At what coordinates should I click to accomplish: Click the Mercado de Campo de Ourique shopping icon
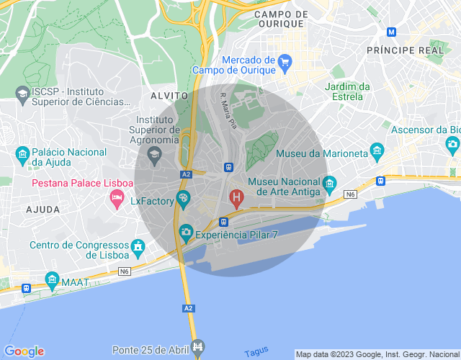tap(284, 63)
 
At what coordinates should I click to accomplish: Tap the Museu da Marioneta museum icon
tap(377, 150)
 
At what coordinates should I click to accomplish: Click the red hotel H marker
tap(236, 196)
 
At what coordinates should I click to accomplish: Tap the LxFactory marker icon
tap(184, 199)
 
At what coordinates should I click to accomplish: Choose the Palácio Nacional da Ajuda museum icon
tap(22, 153)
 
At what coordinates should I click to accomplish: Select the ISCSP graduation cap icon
tap(22, 94)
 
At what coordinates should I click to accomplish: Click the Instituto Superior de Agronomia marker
tap(153, 153)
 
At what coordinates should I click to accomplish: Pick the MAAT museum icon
tap(51, 279)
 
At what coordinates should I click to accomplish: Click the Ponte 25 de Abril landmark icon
tap(199, 348)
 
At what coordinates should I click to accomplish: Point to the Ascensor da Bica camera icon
tap(452, 145)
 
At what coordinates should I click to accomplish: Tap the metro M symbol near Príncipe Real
tap(391, 32)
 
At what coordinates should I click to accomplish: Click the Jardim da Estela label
tap(347, 91)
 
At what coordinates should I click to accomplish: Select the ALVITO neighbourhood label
tap(169, 95)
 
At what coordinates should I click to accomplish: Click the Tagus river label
tap(256, 352)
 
